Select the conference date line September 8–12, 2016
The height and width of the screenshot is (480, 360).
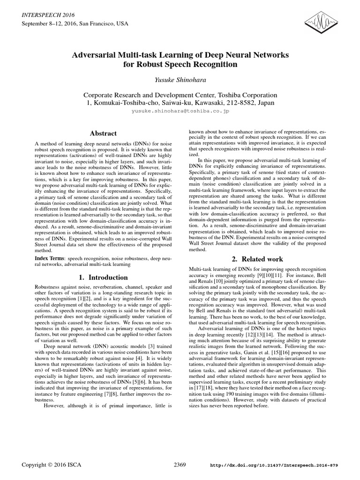point(49,23)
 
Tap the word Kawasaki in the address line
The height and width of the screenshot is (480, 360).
point(203,103)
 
